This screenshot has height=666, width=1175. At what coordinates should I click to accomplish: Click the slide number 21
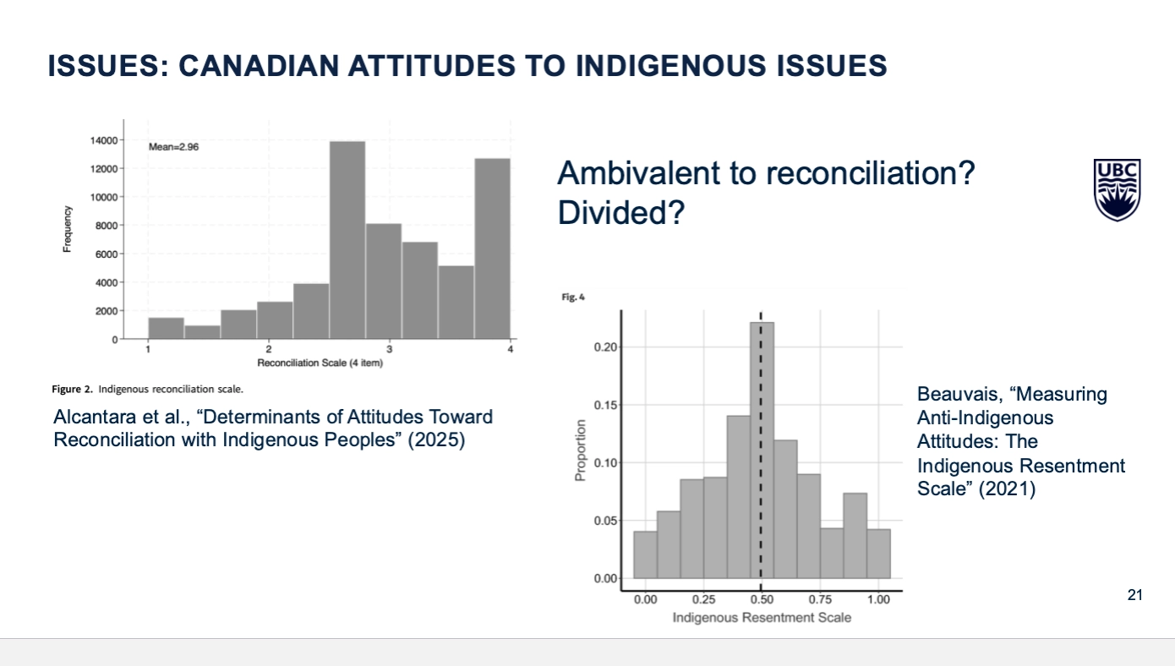1134,596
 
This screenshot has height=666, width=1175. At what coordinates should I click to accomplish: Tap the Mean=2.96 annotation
174,146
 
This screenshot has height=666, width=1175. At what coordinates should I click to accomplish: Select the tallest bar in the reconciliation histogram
347,240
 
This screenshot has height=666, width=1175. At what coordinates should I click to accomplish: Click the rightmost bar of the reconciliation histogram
492,248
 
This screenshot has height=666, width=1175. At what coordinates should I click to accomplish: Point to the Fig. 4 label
573,298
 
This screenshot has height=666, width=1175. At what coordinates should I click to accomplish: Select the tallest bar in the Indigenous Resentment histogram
761,448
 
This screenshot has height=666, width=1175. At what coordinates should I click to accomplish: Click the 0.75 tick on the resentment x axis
820,599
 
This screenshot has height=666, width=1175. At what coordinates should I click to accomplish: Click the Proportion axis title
581,450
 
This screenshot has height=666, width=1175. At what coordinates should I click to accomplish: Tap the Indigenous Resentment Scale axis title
762,618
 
